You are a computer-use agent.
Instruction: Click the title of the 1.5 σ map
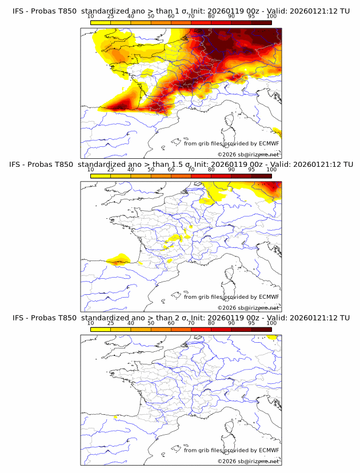181,164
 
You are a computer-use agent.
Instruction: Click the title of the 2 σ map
181,318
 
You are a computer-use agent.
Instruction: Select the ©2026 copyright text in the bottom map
248,461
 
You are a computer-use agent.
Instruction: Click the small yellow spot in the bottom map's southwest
116,417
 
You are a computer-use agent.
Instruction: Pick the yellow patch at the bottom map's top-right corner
273,338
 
